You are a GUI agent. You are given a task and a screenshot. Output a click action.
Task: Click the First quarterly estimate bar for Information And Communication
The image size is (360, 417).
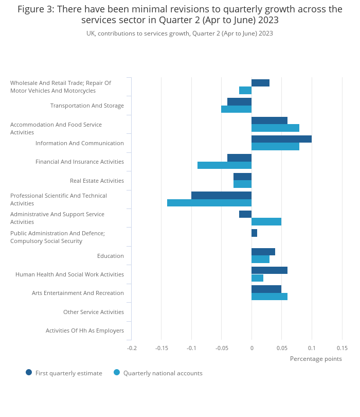pos(281,139)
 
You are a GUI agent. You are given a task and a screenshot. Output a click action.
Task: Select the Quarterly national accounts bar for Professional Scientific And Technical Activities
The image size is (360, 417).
pos(209,203)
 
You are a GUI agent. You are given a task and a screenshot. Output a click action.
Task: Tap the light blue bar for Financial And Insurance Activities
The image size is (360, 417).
pos(224,165)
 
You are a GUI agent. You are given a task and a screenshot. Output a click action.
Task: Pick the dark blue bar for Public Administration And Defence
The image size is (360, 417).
pos(254,233)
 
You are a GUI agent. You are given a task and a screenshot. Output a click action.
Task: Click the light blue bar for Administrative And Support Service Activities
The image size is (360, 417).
pos(266,221)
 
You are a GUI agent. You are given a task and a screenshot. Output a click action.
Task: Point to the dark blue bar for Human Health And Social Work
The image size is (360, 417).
pos(269,270)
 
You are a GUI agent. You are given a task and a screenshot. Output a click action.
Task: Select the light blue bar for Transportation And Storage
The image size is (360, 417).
pos(236,109)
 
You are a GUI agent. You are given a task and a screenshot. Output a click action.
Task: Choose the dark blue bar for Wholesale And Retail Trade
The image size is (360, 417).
pos(260,83)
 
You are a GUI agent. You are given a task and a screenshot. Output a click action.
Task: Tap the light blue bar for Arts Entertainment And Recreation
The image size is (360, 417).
pos(269,297)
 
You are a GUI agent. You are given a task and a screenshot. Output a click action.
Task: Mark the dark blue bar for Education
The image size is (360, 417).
pos(263,252)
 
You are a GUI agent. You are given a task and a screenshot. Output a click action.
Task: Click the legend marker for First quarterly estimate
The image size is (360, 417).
pos(29,372)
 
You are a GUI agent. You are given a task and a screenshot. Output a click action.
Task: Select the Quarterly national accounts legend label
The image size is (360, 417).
pos(163,373)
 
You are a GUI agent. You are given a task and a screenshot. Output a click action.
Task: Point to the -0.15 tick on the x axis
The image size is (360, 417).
pos(161,348)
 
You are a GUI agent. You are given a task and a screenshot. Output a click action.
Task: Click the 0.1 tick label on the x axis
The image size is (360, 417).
pos(312,348)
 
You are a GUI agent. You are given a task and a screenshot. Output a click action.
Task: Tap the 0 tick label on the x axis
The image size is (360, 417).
pos(251,348)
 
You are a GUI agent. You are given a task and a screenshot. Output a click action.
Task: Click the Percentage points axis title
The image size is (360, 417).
pos(316,359)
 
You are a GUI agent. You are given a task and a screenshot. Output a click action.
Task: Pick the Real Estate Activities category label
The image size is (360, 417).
pos(97,181)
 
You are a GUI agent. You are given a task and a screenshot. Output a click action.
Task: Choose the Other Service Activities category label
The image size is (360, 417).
pos(93,312)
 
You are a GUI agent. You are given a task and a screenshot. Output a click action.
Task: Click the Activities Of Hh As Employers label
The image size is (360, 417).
pos(84,331)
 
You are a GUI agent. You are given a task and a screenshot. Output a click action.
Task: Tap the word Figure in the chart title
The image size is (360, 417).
pos(30,9)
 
